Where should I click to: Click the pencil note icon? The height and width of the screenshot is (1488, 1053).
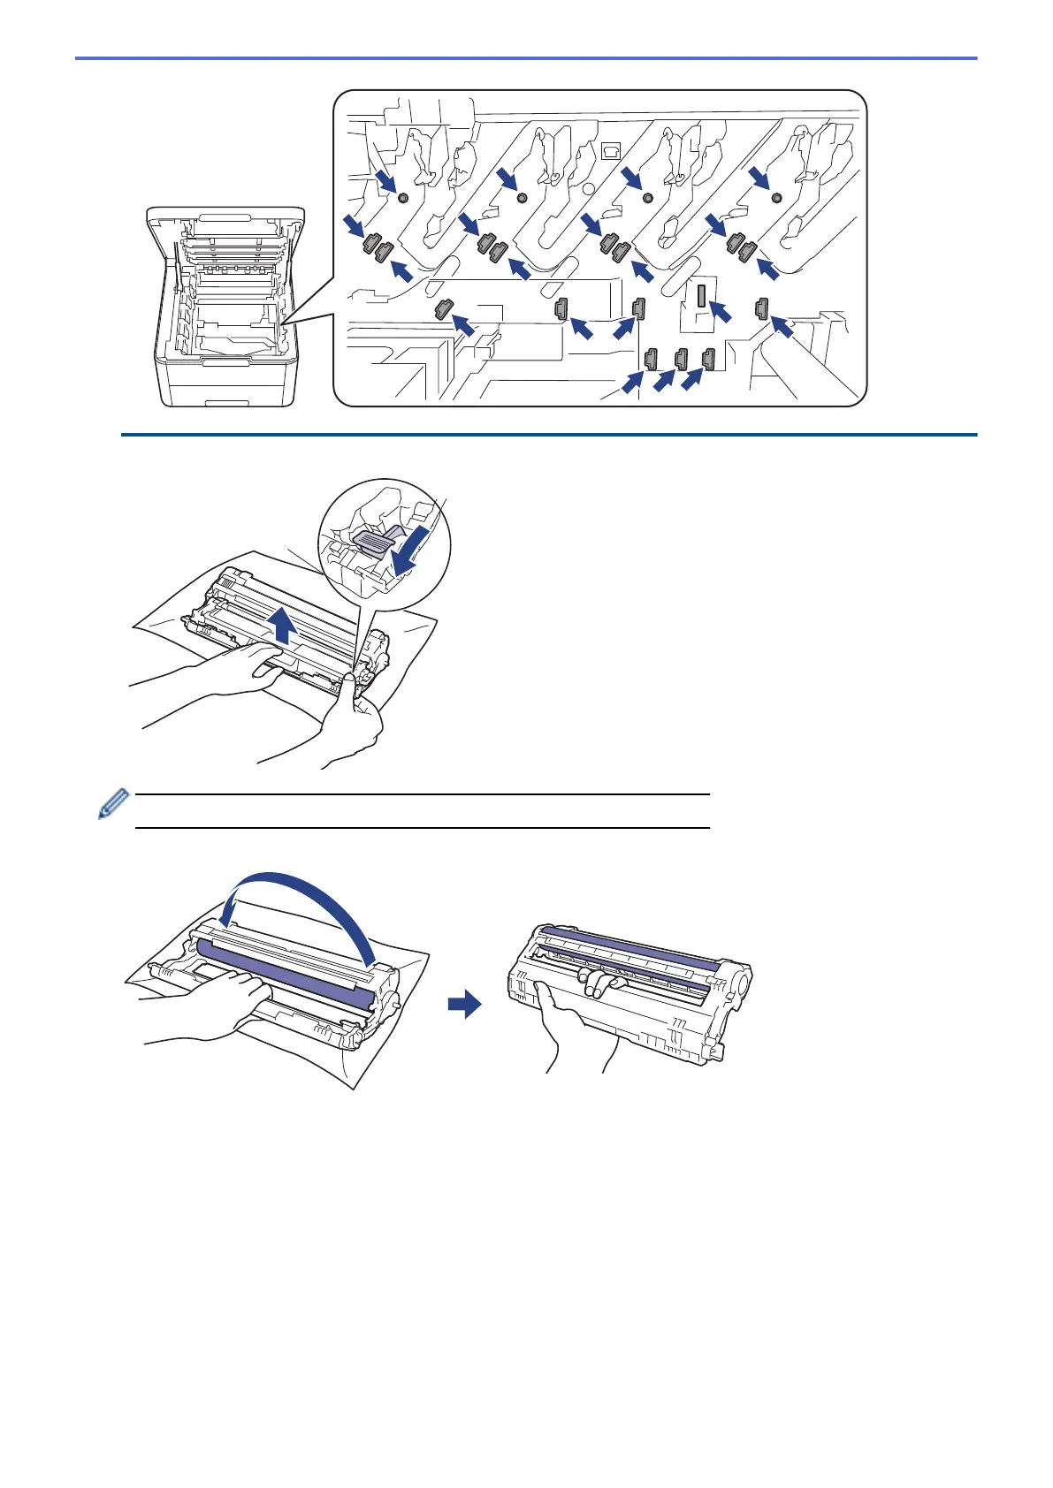point(113,804)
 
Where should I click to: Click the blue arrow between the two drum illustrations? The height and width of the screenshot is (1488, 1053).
point(463,1005)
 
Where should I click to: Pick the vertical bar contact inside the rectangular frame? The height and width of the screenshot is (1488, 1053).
point(700,296)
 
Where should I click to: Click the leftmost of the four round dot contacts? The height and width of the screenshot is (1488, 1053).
point(403,198)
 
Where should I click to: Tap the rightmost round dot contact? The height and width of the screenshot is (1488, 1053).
point(776,196)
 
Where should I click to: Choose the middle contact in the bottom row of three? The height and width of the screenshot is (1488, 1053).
point(681,359)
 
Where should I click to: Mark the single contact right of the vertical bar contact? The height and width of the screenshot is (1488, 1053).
point(760,308)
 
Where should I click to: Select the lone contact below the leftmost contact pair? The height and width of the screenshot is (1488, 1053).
point(443,309)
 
